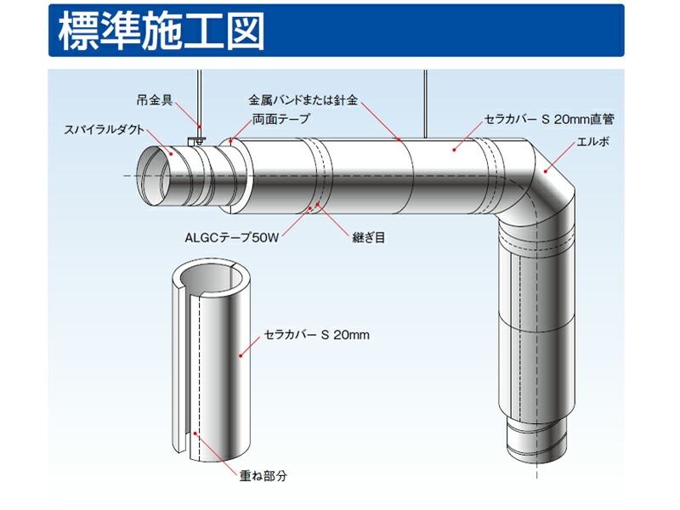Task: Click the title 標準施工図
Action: [x=161, y=32]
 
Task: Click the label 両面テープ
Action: [x=280, y=120]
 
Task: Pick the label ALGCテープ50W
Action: [x=232, y=239]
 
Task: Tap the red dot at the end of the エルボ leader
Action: [x=546, y=170]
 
